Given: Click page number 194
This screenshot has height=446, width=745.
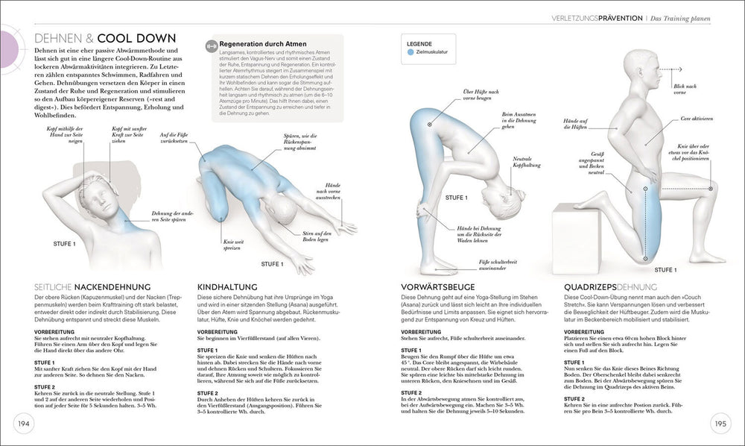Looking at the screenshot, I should point(23,424).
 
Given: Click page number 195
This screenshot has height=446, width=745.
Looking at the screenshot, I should point(720,424).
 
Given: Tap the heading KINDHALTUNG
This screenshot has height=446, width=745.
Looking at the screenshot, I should point(227,287).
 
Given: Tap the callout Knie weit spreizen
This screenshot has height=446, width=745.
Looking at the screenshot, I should point(230,245).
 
